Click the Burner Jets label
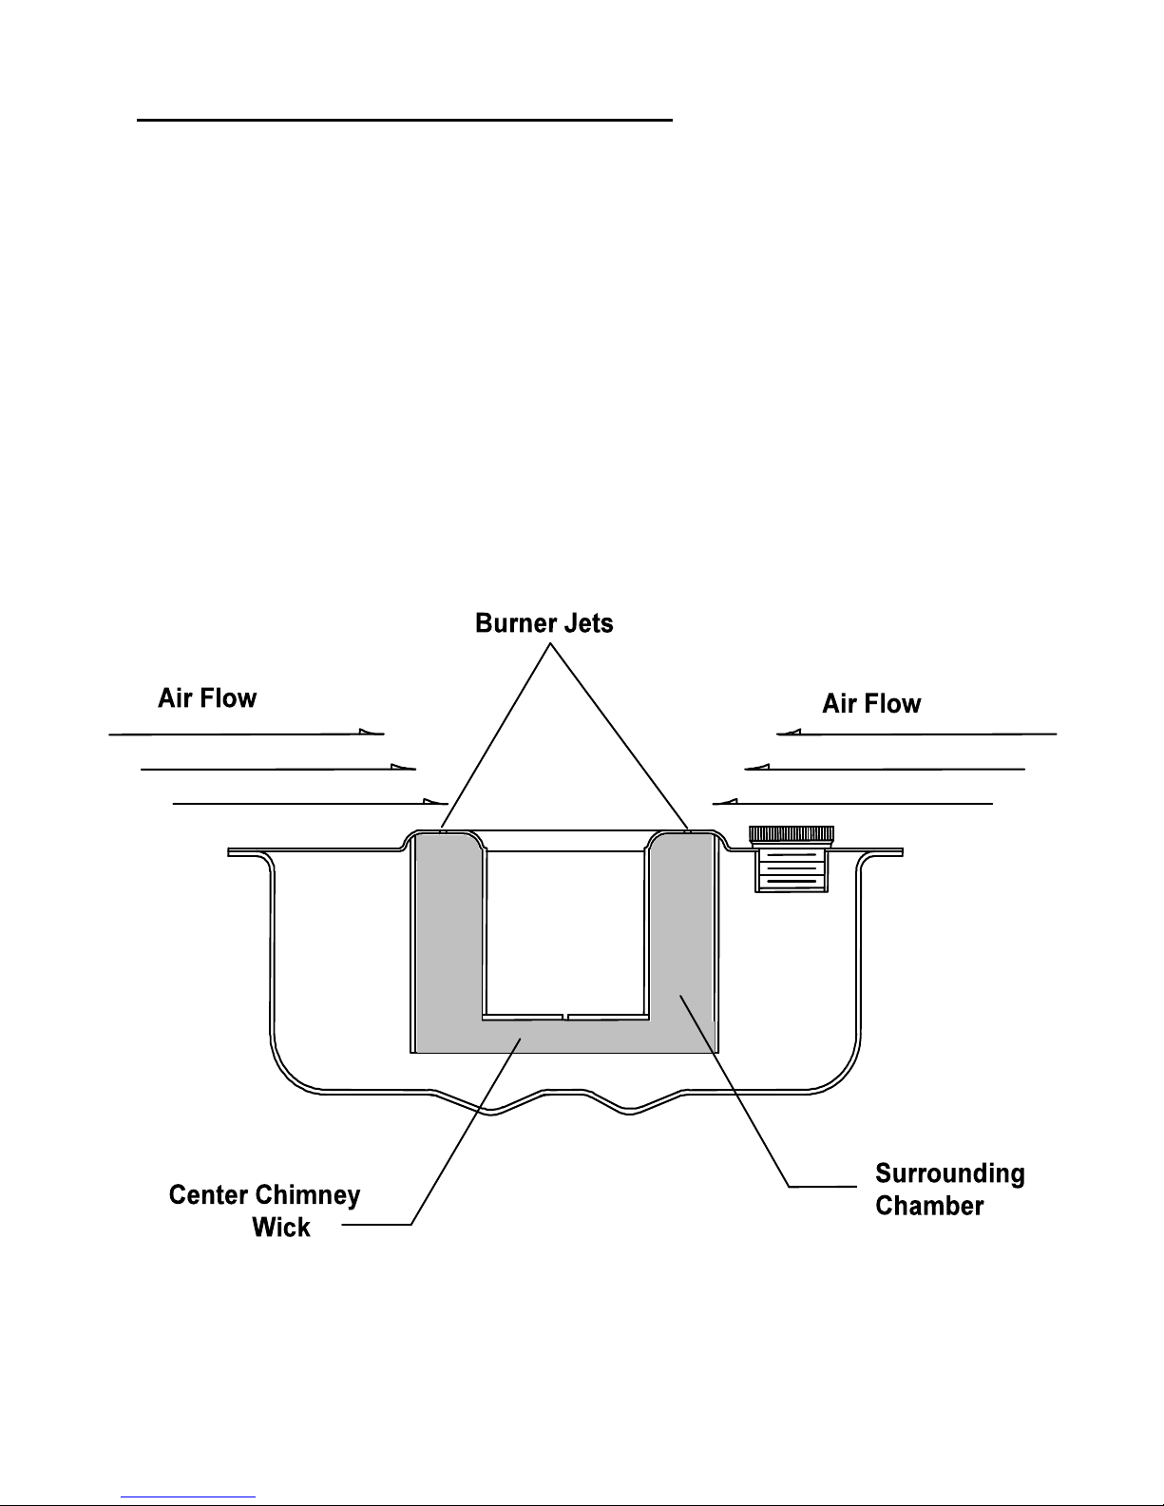544,623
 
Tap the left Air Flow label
207,698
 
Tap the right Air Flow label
871,703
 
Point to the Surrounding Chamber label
950,1190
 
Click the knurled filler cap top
792,834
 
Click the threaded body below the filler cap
792,870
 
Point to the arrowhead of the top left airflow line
372,732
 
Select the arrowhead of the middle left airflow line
403,767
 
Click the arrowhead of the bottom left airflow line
436,802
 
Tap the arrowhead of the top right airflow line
789,732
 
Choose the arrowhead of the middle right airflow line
756,767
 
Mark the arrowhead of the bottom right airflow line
725,802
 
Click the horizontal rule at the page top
405,120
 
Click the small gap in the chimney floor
565,1018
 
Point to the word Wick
281,1228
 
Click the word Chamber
929,1206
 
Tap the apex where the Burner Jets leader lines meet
550,644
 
